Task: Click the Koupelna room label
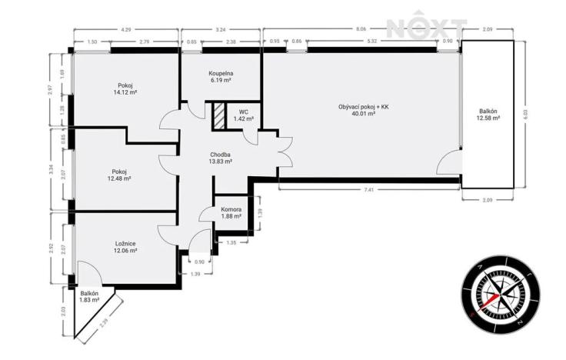(x=221, y=74)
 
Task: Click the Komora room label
(x=231, y=209)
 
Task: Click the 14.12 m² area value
(x=125, y=92)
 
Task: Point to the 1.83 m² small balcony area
(x=90, y=300)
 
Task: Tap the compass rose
(x=492, y=294)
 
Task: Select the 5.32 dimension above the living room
(x=371, y=42)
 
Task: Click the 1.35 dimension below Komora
(x=231, y=242)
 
